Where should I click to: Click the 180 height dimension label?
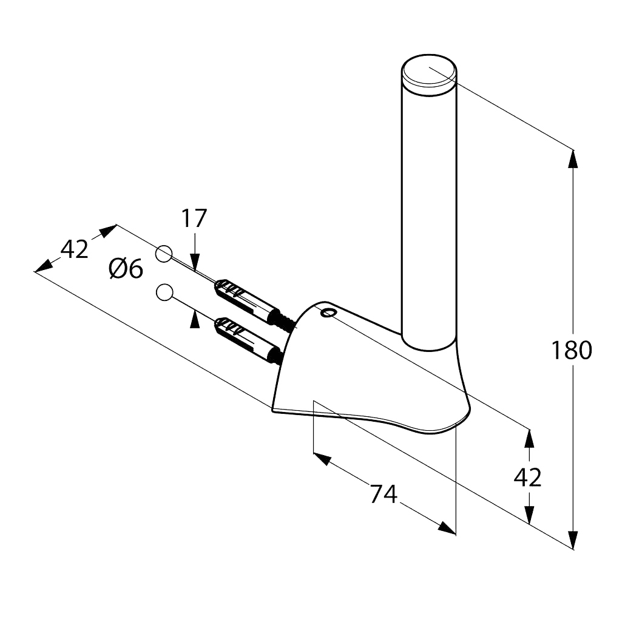tap(572, 350)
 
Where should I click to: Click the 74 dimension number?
tap(383, 494)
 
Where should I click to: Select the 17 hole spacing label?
tap(194, 218)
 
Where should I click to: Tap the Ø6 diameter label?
tap(126, 269)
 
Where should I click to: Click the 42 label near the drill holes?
tap(74, 249)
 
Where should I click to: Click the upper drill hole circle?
tap(163, 254)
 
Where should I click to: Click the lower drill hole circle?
tap(164, 292)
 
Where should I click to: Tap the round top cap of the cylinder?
tap(429, 75)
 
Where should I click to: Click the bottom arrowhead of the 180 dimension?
tap(573, 540)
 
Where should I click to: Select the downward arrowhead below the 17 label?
tap(195, 262)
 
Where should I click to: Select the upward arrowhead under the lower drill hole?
tap(195, 320)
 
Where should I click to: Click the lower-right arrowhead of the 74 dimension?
tap(447, 529)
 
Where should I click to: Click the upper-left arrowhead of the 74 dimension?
tap(322, 459)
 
